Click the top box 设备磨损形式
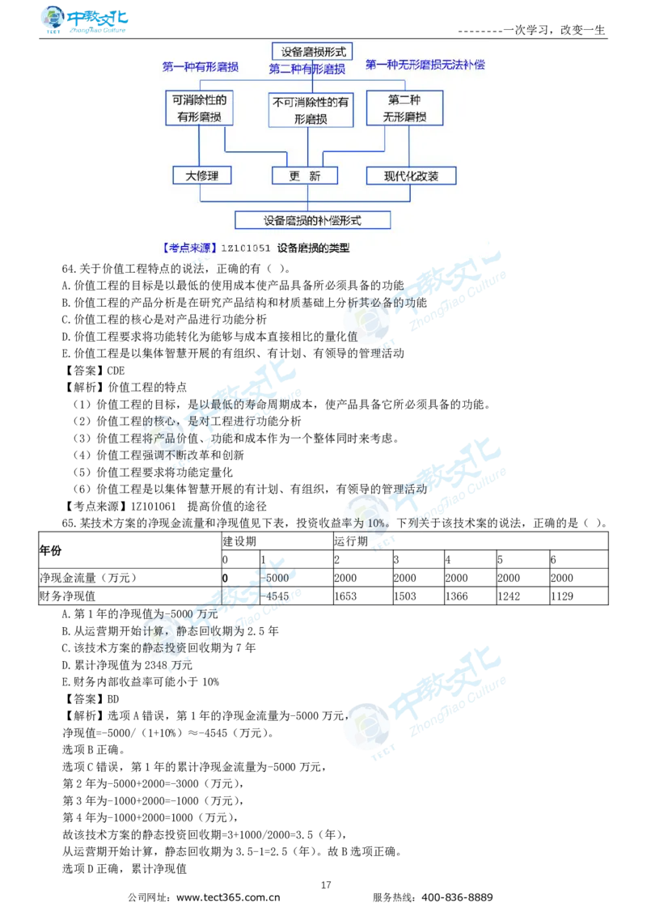(x=312, y=51)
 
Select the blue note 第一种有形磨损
(x=200, y=67)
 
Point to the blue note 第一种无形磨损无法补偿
(x=425, y=64)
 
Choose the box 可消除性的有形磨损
(x=199, y=108)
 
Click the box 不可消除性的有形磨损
(x=311, y=111)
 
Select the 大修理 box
(x=202, y=176)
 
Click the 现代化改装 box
(x=411, y=176)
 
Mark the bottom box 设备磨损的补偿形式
(x=312, y=220)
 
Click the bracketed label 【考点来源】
(x=188, y=248)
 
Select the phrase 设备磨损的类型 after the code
(x=314, y=248)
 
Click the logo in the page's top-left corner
(x=83, y=19)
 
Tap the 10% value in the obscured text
(x=377, y=523)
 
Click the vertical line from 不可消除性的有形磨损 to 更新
(x=308, y=146)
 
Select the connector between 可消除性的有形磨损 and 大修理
(x=199, y=146)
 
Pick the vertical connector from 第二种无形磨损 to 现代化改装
(x=409, y=146)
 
